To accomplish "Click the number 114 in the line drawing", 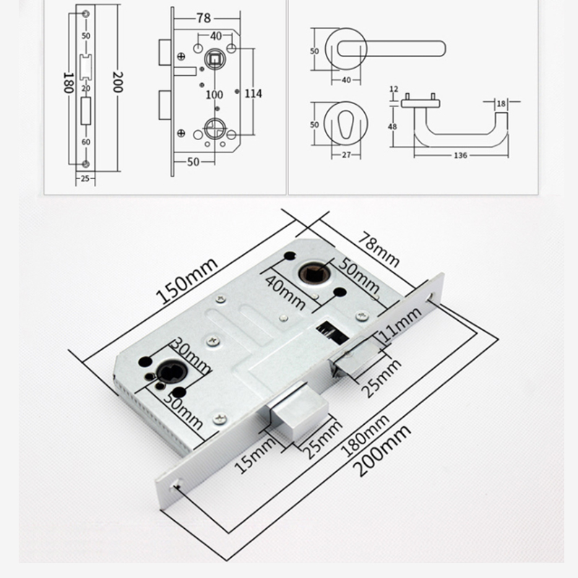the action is [252, 93].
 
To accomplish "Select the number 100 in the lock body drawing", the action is [214, 95].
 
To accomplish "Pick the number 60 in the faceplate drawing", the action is [85, 142].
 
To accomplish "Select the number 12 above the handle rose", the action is [394, 89].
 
